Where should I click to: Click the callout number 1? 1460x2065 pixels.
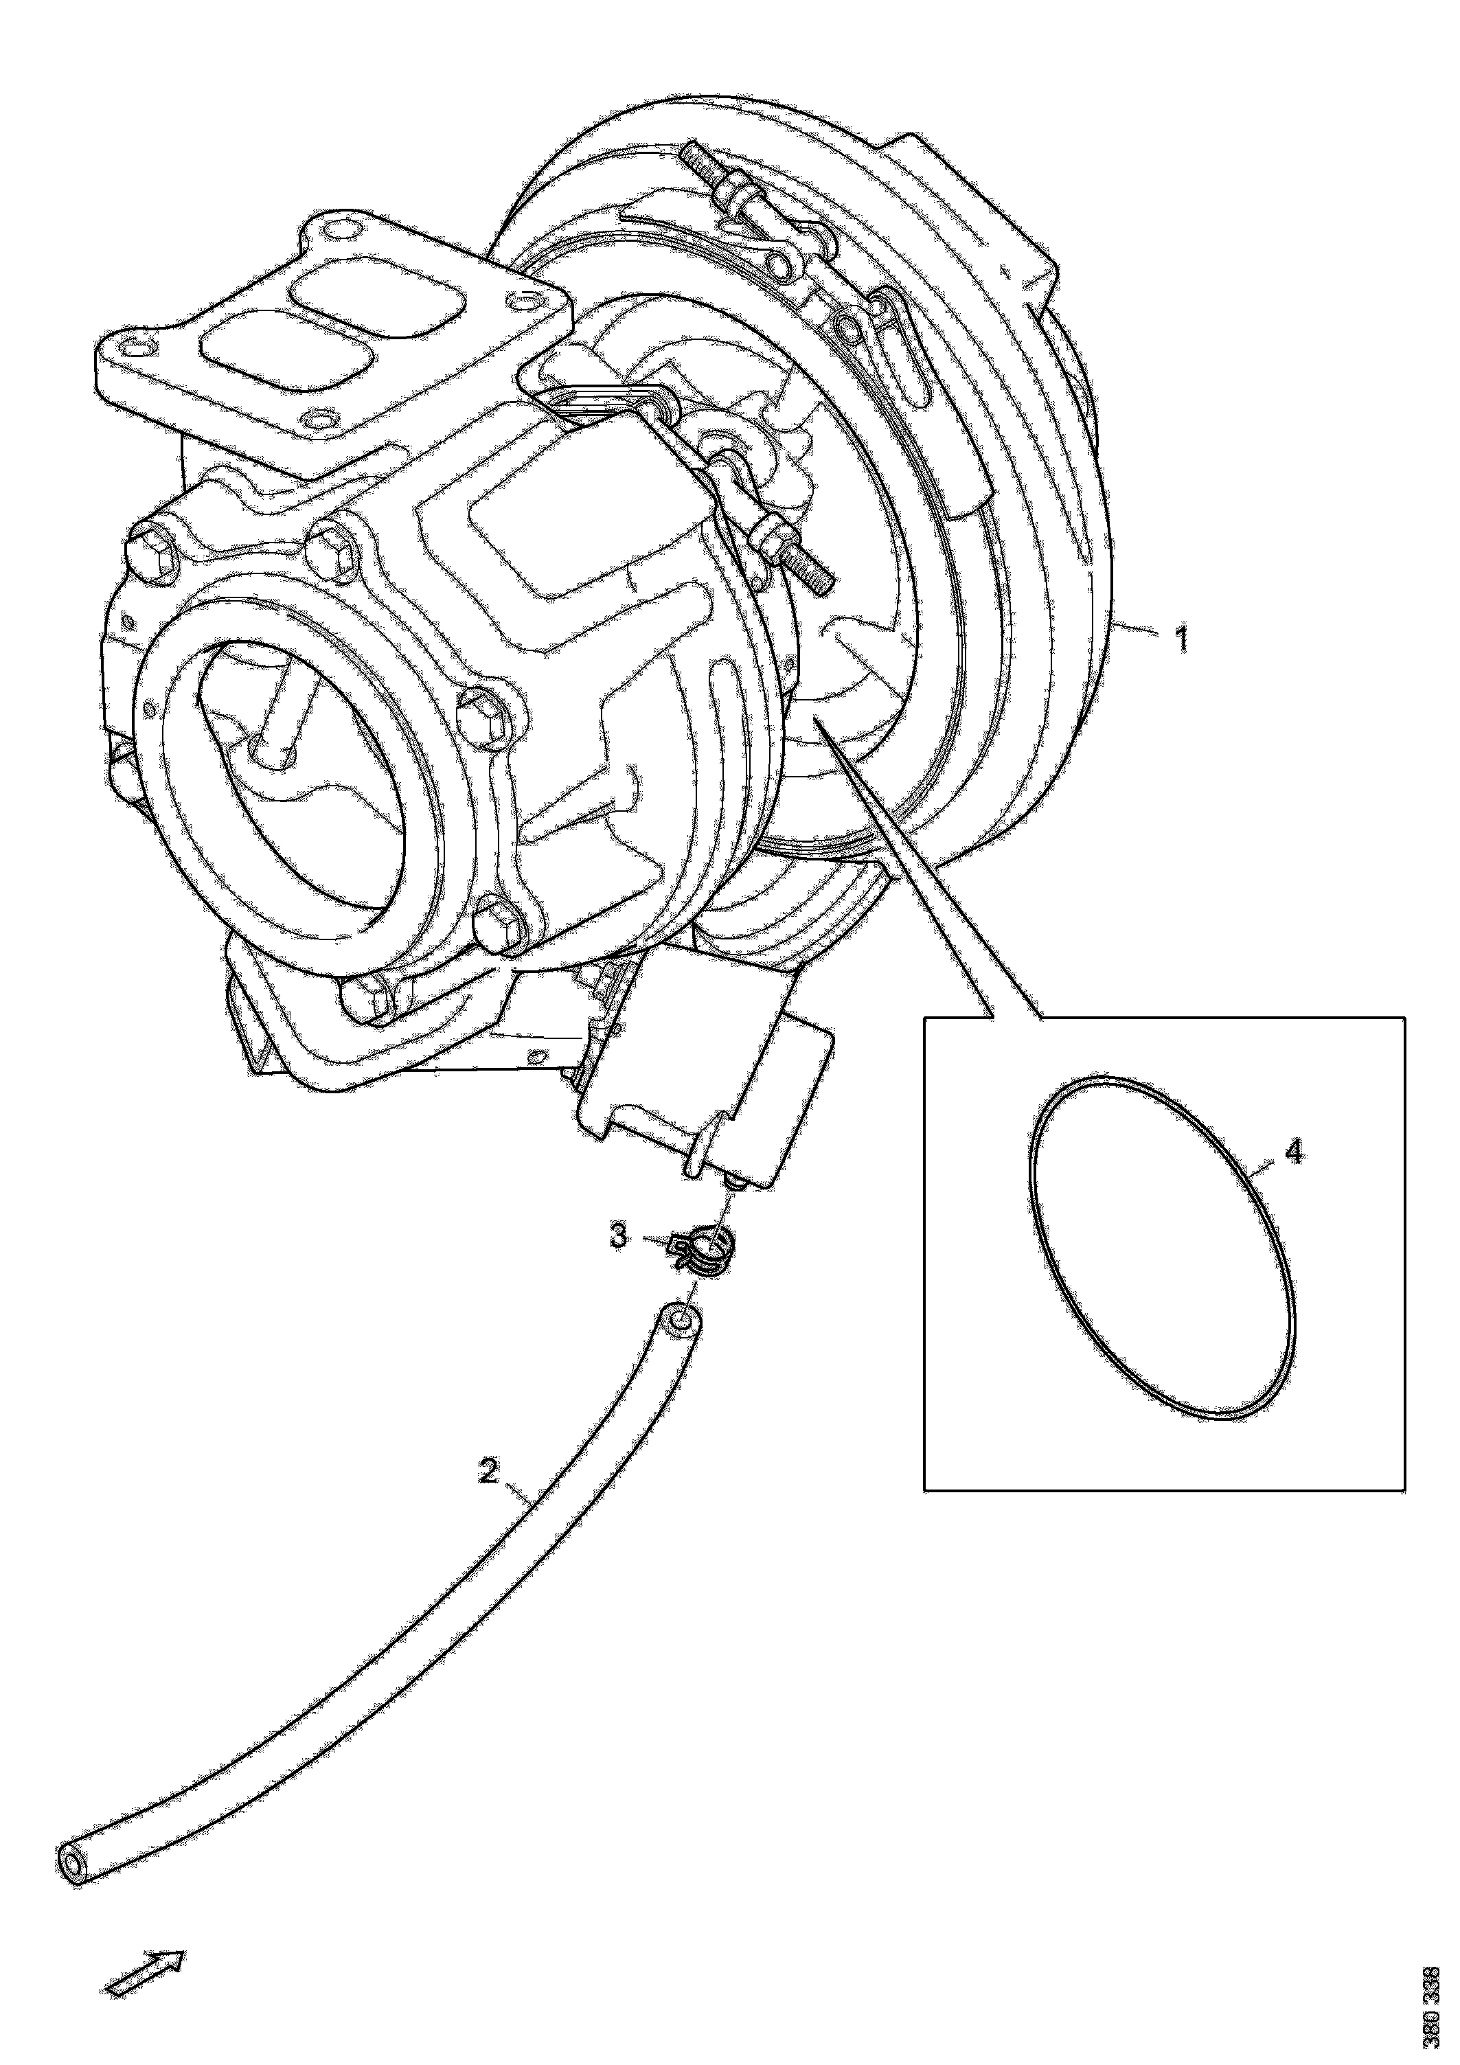(1181, 640)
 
